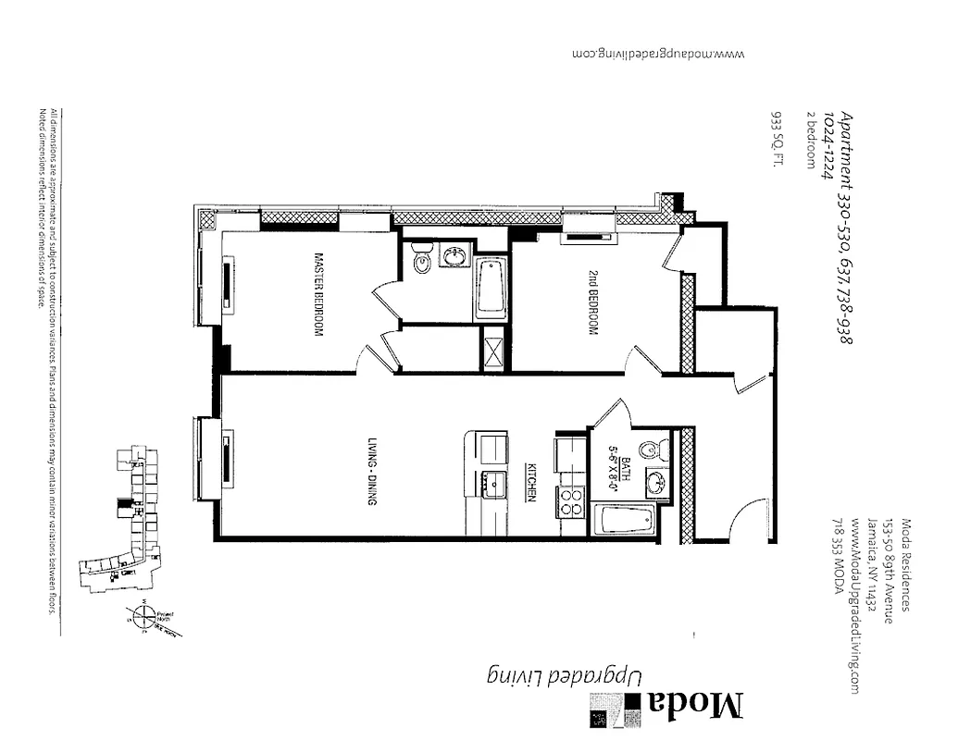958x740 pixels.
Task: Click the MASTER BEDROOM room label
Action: pyautogui.click(x=317, y=294)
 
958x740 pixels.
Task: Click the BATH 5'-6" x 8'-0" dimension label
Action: pyautogui.click(x=629, y=478)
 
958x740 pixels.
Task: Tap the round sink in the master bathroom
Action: pyautogui.click(x=454, y=256)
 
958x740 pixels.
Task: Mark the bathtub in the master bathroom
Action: pyautogui.click(x=491, y=288)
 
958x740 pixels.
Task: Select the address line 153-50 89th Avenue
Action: pyautogui.click(x=887, y=570)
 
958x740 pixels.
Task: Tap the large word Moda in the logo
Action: pyautogui.click(x=695, y=705)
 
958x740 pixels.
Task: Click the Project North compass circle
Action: pyautogui.click(x=142, y=615)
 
